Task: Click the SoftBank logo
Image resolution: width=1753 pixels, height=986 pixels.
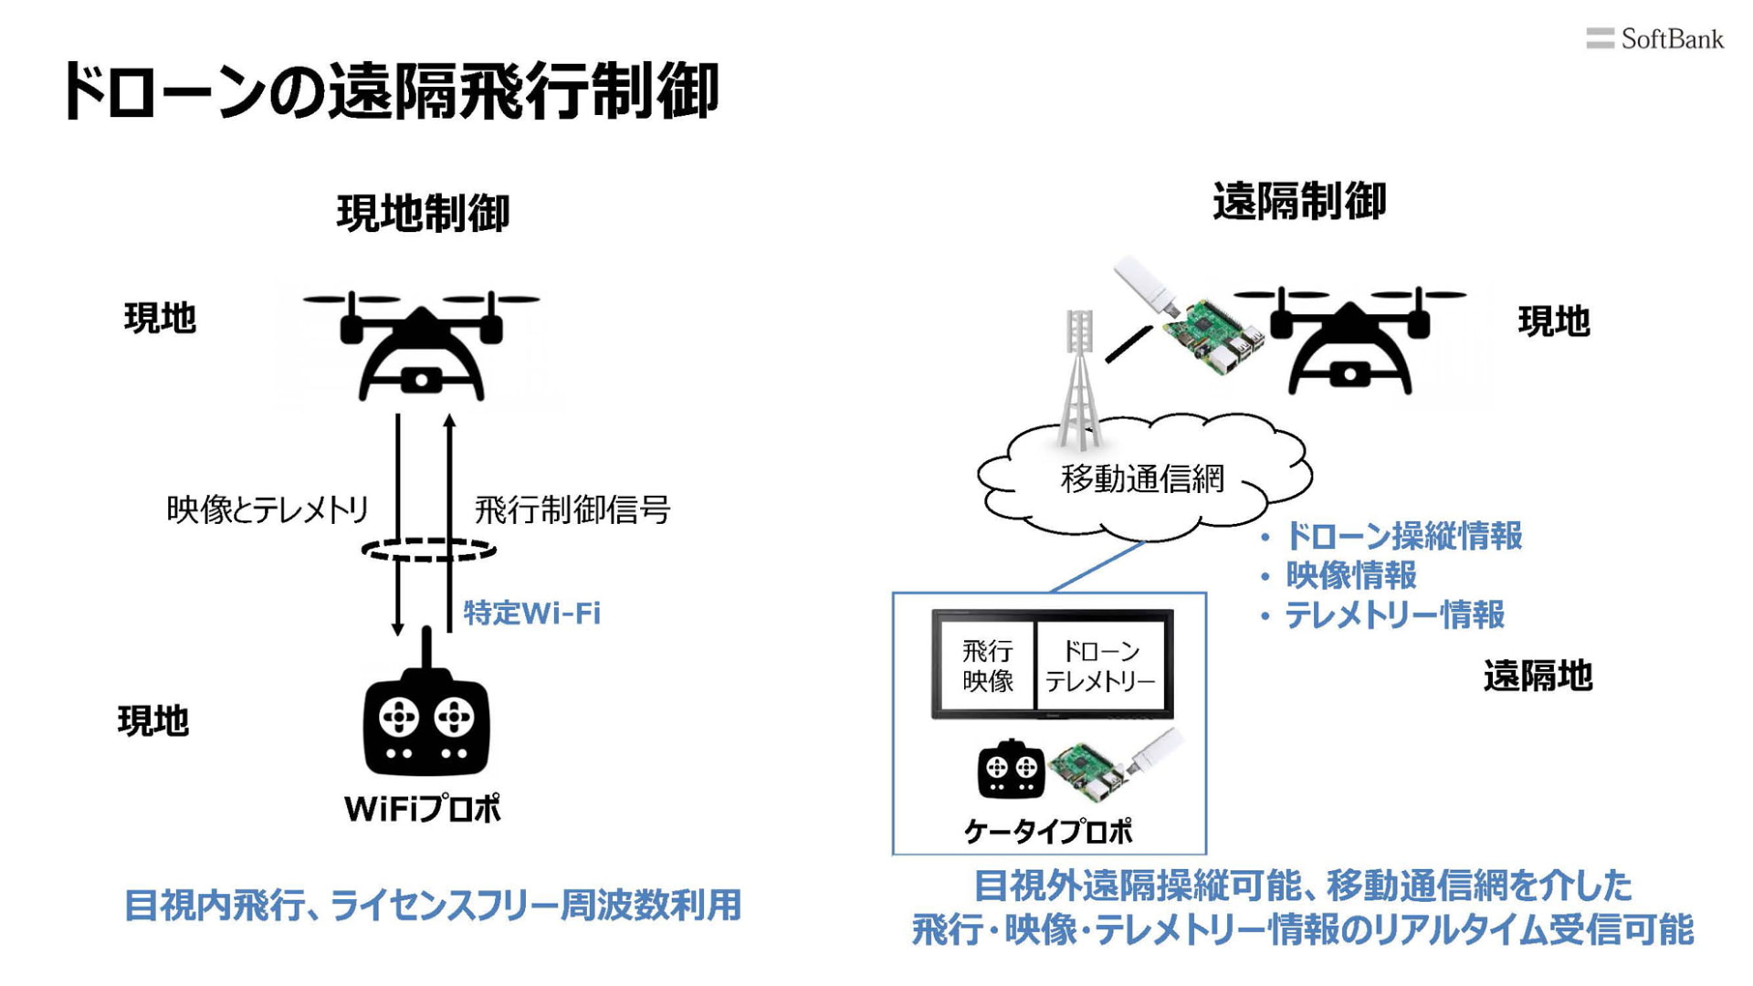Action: pos(1654,39)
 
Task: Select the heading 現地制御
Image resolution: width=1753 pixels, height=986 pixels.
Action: pos(423,214)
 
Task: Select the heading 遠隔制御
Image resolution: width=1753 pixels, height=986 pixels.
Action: pos(1298,202)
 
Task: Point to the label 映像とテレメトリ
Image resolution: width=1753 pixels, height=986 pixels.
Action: pos(268,509)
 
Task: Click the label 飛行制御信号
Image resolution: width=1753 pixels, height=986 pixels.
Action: pos(572,509)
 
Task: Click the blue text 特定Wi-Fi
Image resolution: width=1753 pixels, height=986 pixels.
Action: pos(532,613)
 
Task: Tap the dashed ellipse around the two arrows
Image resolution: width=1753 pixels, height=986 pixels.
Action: pos(428,550)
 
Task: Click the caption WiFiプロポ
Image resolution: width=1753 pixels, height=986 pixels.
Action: pos(423,809)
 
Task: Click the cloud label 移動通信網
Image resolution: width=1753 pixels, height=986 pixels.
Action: pos(1142,478)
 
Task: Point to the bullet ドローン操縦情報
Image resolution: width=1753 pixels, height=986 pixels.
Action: pos(1402,536)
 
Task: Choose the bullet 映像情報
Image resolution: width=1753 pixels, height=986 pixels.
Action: pos(1350,575)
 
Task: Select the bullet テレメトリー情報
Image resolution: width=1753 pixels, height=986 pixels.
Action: pos(1393,615)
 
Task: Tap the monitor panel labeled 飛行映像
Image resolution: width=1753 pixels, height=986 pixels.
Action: pos(987,666)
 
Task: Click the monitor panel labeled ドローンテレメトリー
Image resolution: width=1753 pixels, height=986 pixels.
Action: pos(1100,666)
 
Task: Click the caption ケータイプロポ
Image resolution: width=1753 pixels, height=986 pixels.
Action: pos(1047,832)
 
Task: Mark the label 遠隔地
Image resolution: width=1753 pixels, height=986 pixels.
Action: pos(1538,677)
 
